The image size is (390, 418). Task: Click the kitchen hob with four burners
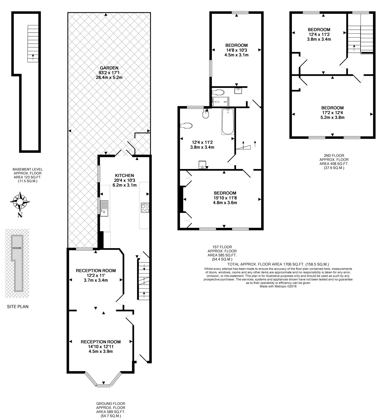tap(145, 207)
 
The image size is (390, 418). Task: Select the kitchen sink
tap(104, 208)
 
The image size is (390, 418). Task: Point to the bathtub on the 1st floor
tap(228, 121)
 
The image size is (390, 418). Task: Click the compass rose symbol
tap(20, 202)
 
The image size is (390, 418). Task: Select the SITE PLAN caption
tap(18, 307)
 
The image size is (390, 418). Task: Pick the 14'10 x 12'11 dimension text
tap(101, 347)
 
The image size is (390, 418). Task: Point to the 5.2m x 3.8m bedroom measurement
tap(332, 118)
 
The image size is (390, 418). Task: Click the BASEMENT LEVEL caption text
tap(28, 169)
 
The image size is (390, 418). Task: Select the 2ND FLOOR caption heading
tap(334, 155)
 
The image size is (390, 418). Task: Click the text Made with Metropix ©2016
tap(278, 286)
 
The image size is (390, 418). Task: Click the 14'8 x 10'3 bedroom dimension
tap(236, 50)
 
